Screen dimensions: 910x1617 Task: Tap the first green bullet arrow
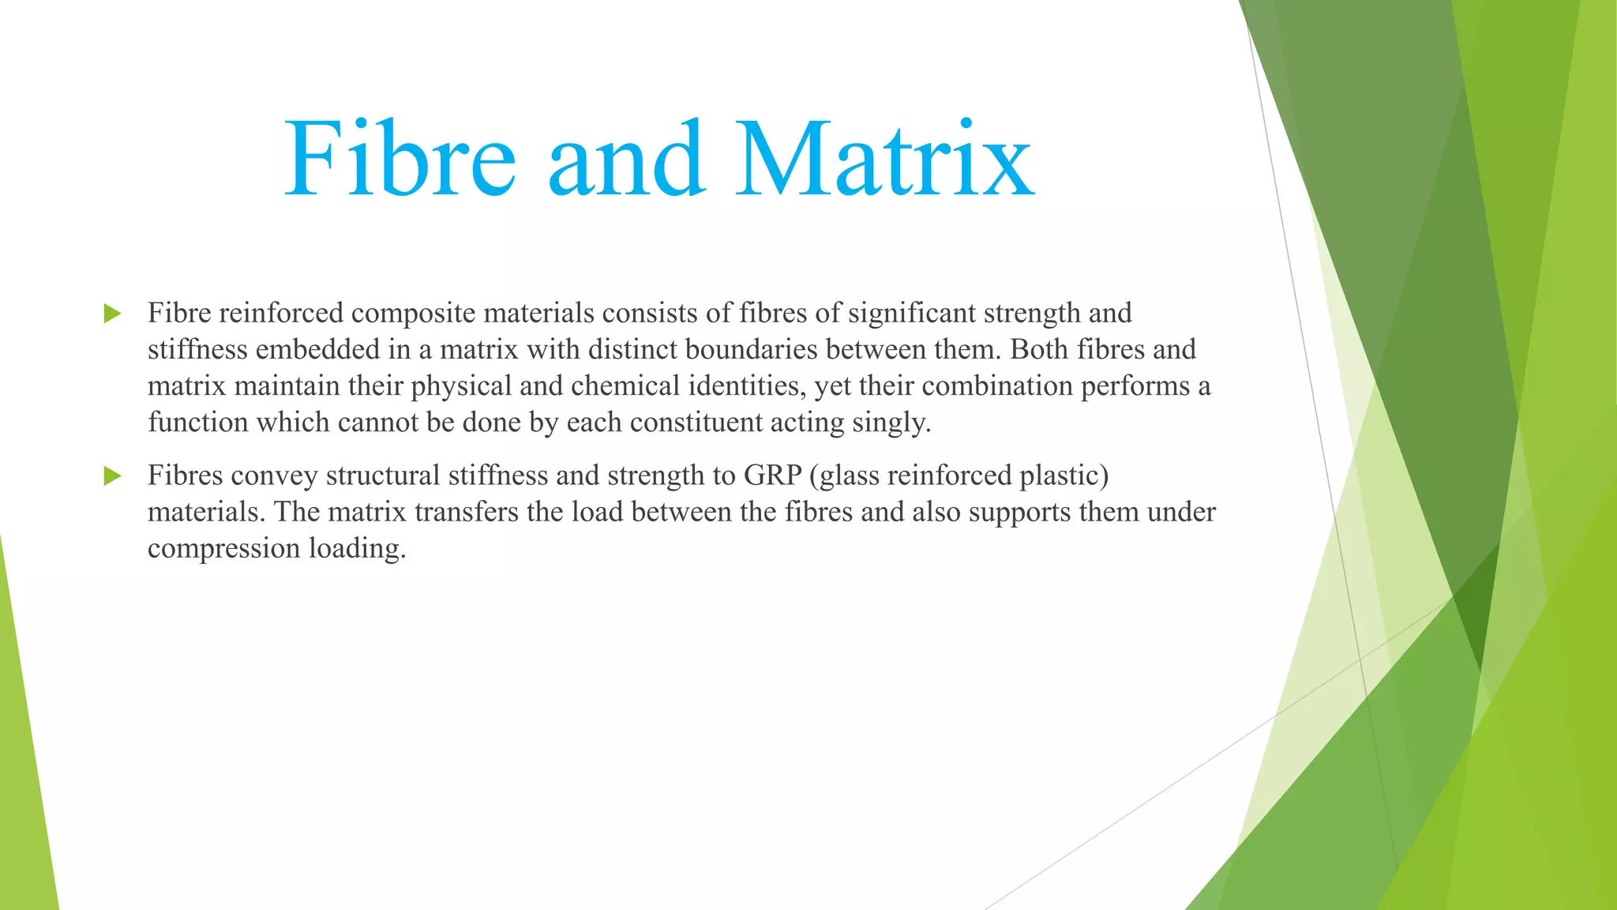click(112, 314)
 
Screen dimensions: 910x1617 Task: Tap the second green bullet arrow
click(112, 476)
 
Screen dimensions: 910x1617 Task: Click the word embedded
click(318, 350)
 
